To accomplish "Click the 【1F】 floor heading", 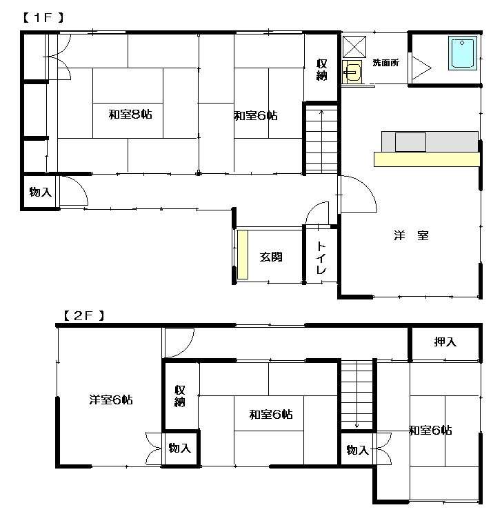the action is pyautogui.click(x=43, y=18).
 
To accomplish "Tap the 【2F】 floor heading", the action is pyautogui.click(x=84, y=316).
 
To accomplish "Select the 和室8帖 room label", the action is pyautogui.click(x=130, y=115).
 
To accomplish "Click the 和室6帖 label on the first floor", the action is pyautogui.click(x=256, y=116).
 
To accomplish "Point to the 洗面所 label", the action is pyautogui.click(x=385, y=63).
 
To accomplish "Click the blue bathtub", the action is pyautogui.click(x=463, y=53).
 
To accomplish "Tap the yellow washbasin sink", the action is pyautogui.click(x=352, y=72).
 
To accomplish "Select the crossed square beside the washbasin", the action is pyautogui.click(x=354, y=47).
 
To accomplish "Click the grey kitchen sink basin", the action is pyautogui.click(x=410, y=142).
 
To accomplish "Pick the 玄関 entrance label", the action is pyautogui.click(x=271, y=257).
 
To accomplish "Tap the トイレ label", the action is pyautogui.click(x=321, y=258).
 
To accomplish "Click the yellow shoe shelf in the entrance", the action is pyautogui.click(x=243, y=255).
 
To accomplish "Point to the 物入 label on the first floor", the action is pyautogui.click(x=41, y=192).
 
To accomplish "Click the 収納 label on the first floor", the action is pyautogui.click(x=321, y=70).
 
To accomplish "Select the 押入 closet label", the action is pyautogui.click(x=445, y=342).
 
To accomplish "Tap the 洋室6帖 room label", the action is pyautogui.click(x=111, y=400).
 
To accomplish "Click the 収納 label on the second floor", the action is pyautogui.click(x=180, y=396).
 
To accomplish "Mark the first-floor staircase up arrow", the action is pyautogui.click(x=321, y=141).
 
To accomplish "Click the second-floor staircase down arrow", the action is pyautogui.click(x=357, y=395).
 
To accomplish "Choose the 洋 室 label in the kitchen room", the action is pyautogui.click(x=411, y=235).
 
